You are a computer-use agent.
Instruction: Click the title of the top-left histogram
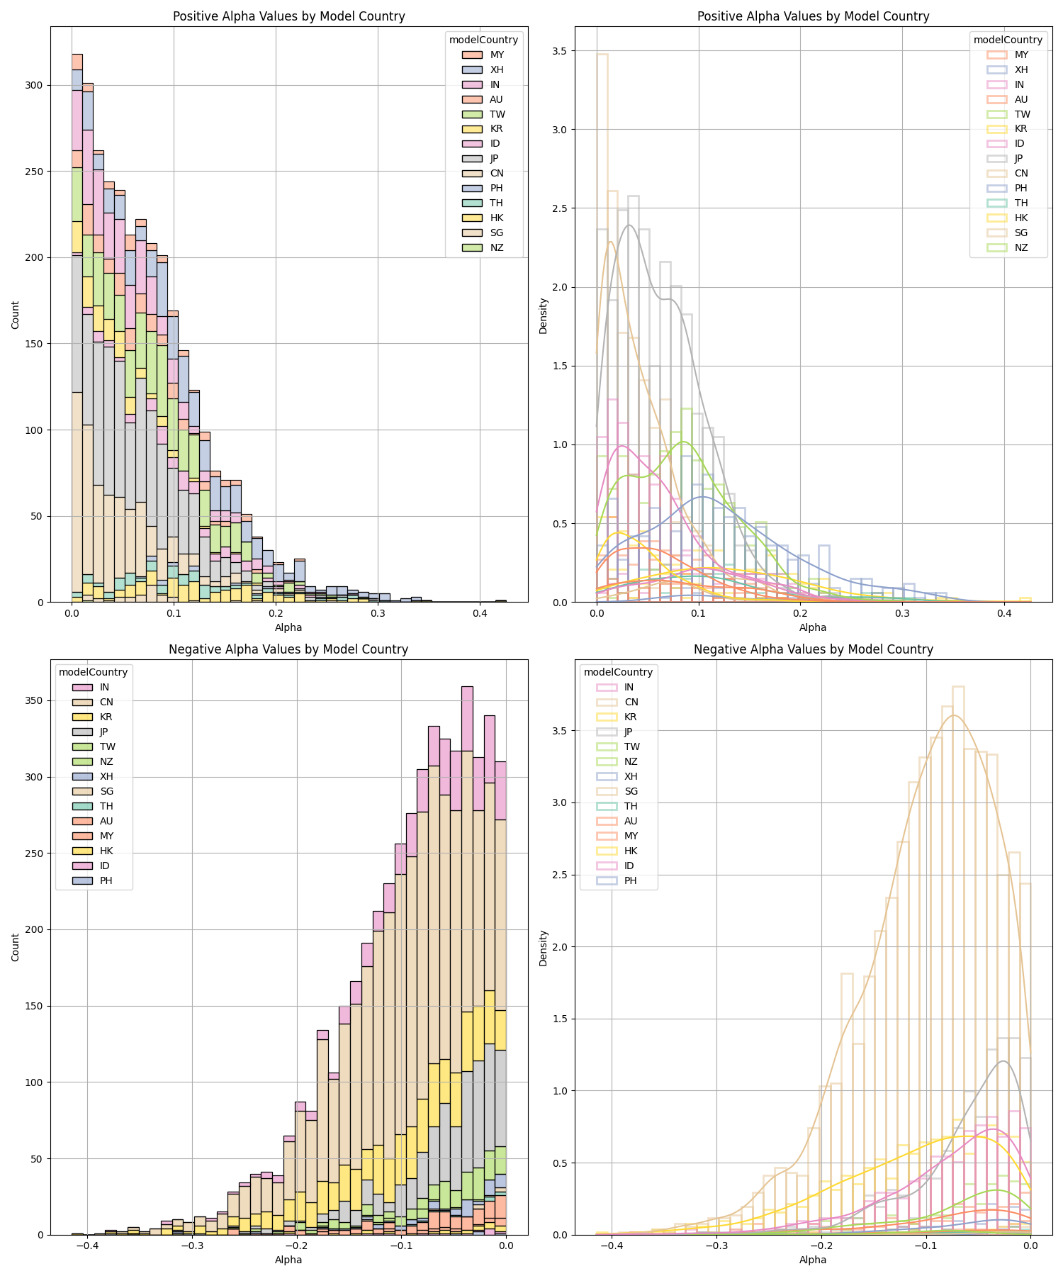(x=289, y=16)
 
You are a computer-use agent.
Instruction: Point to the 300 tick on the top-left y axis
(x=34, y=86)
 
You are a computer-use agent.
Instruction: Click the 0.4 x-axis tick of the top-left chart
(x=479, y=613)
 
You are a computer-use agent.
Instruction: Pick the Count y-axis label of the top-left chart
(x=16, y=315)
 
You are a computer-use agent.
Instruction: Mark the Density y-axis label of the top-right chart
(x=543, y=315)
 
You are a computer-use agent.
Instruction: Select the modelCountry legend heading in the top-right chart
(x=1008, y=40)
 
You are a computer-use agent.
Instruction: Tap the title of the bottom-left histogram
(x=288, y=649)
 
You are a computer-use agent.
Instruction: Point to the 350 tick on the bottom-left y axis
(x=34, y=701)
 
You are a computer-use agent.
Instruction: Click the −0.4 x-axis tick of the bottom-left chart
(x=86, y=1246)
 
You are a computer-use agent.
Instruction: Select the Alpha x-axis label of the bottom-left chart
(x=288, y=1260)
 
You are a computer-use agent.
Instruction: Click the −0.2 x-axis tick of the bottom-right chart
(x=821, y=1246)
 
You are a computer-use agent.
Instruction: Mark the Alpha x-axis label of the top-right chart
(x=813, y=627)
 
